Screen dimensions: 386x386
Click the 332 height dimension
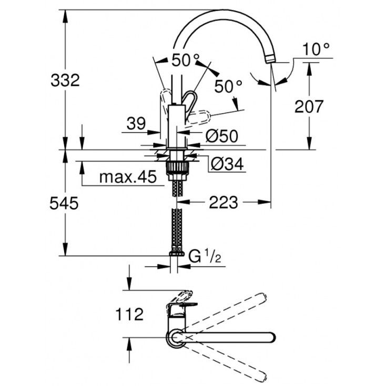65,80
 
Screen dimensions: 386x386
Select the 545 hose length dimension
64,204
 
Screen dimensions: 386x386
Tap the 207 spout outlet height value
309,106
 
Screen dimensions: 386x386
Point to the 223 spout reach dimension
224,202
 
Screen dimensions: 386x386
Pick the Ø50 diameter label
222,136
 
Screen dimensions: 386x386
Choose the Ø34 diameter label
227,164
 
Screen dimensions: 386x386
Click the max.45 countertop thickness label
128,176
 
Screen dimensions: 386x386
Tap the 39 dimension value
136,124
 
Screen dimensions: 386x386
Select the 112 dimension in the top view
129,314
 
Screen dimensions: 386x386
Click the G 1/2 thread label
205,257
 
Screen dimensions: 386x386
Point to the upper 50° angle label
186,60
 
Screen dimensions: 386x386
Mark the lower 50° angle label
228,86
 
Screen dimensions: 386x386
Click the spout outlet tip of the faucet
270,60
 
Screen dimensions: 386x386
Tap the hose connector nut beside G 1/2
177,253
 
